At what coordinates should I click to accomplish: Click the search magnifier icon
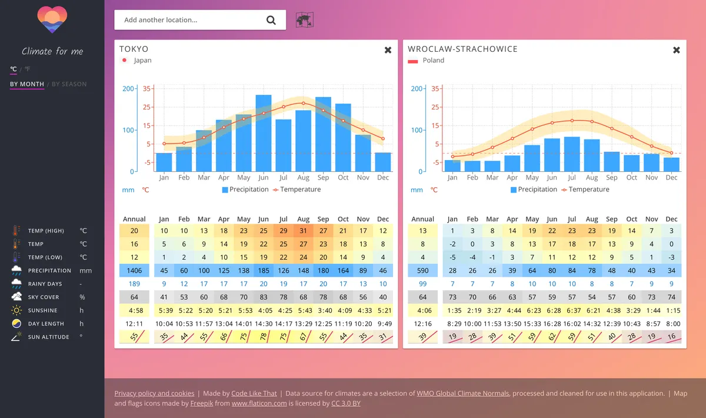tap(271, 20)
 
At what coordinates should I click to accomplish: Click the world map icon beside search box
tap(304, 20)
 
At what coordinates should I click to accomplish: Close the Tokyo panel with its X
tap(388, 50)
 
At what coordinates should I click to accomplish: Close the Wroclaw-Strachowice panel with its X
tap(677, 50)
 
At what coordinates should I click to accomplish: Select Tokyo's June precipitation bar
tap(264, 133)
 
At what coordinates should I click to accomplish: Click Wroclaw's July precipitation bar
tap(572, 154)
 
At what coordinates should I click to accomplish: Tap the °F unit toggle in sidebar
tap(28, 69)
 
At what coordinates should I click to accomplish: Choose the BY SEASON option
tap(69, 84)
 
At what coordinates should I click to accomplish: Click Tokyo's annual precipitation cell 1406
tap(135, 270)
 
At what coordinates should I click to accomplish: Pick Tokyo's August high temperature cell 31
tap(304, 231)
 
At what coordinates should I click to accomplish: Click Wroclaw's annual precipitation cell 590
tap(423, 270)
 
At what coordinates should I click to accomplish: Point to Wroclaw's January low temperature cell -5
tap(452, 257)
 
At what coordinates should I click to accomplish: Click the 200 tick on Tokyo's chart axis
tap(128, 89)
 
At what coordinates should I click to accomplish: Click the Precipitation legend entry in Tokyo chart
tap(245, 190)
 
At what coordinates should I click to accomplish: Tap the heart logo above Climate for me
tap(52, 20)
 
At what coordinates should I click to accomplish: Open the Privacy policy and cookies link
tap(154, 393)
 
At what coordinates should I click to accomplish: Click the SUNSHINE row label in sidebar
tap(42, 310)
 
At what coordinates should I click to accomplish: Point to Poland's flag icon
tap(413, 61)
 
